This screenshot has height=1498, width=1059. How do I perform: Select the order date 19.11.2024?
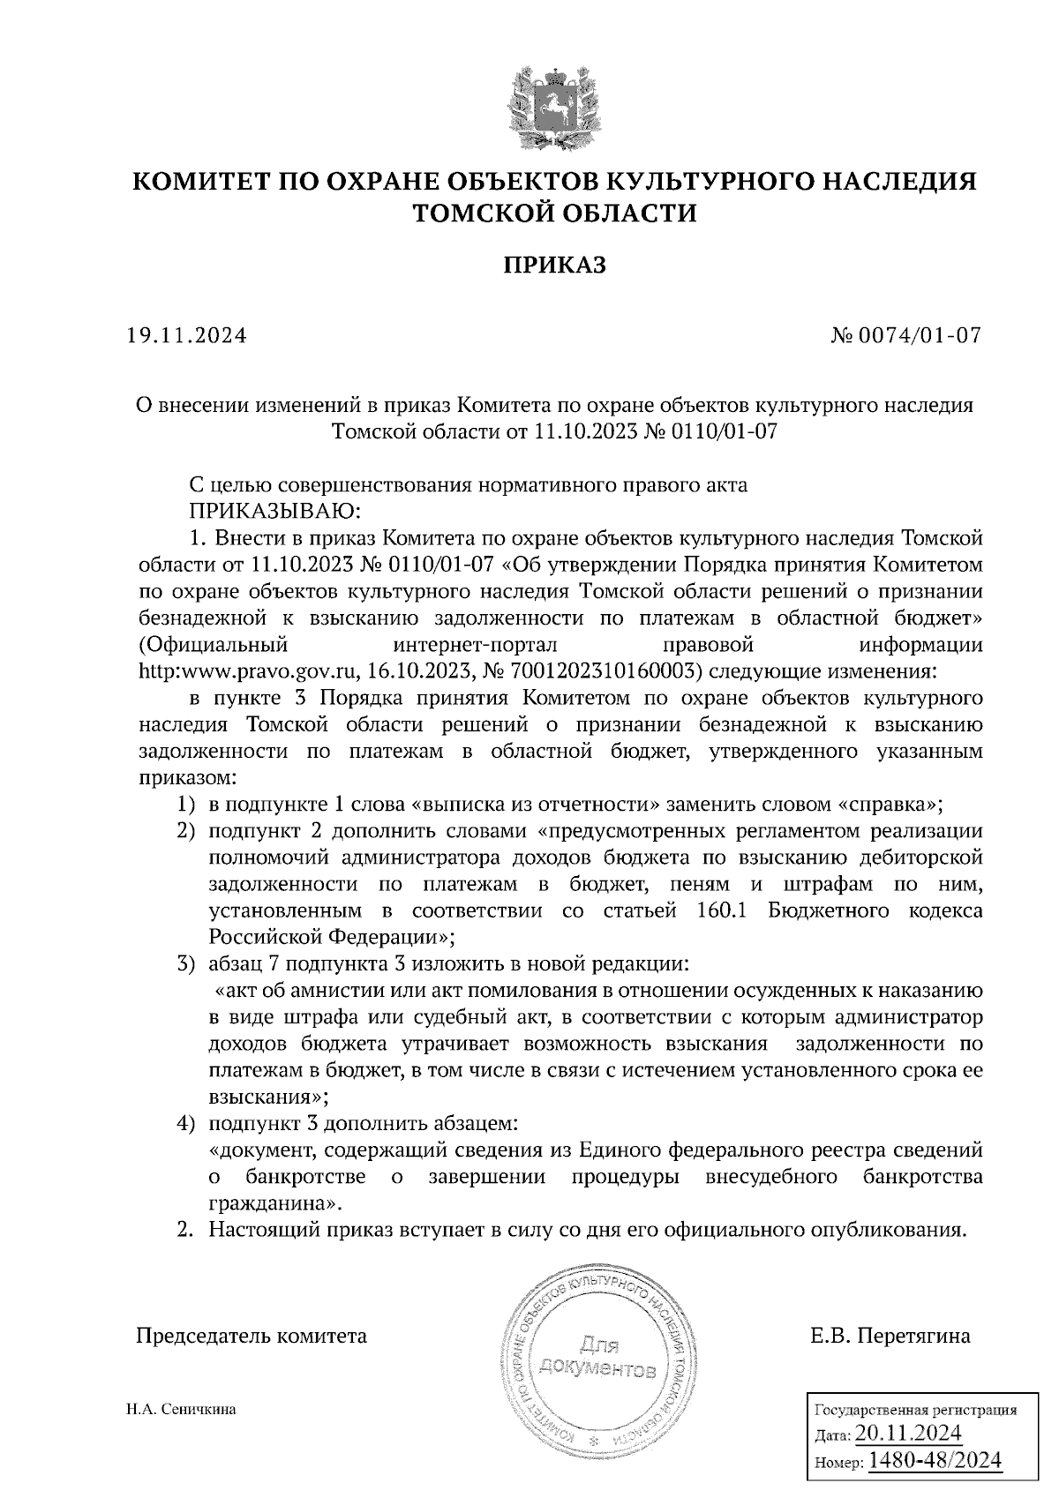click(x=186, y=336)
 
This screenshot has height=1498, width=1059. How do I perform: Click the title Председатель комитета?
click(x=251, y=1336)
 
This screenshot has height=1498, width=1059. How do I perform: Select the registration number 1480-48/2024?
click(x=935, y=1461)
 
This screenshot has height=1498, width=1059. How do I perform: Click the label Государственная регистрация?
click(x=913, y=1410)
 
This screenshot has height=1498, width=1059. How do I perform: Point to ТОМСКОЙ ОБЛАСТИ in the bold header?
click(x=555, y=213)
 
